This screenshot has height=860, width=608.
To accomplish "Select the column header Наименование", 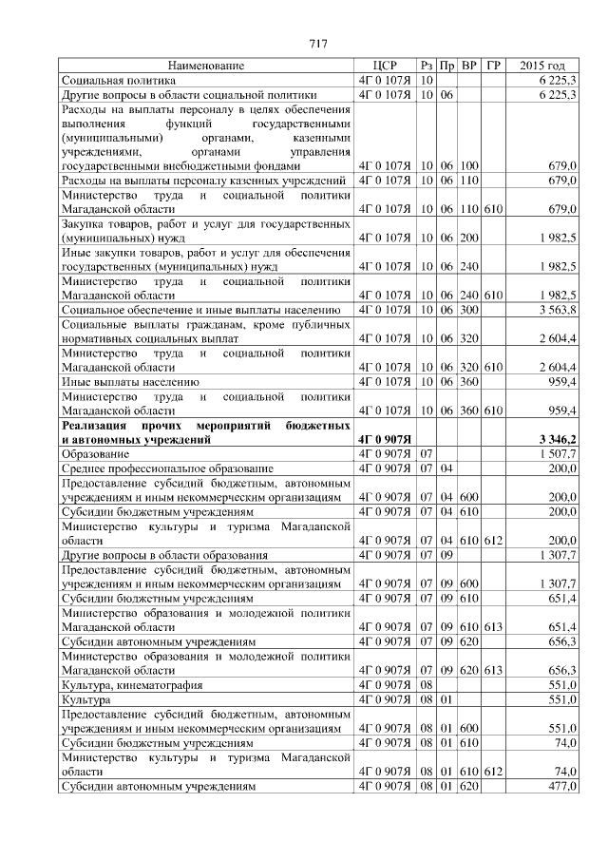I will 206,66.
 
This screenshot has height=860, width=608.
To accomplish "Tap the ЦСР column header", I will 384,66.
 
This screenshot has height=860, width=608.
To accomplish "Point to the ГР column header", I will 492,66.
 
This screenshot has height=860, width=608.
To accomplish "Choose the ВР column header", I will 469,66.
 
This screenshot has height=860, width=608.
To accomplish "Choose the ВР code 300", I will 469,310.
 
